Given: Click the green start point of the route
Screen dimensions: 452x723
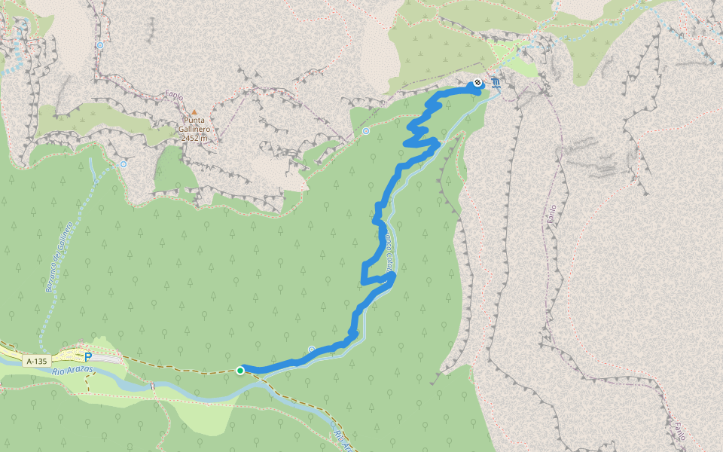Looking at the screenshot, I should pos(240,370).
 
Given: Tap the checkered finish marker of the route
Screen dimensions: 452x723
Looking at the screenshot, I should pos(477,84).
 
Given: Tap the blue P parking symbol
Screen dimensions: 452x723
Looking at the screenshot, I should pos(88,357).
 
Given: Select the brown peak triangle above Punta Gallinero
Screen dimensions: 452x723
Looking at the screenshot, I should pos(194,112).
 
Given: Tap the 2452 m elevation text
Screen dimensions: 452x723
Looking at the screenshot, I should pos(195,138).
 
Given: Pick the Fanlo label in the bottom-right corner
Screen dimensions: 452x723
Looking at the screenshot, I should pos(679,430).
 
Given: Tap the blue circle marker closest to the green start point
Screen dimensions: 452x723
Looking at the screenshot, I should pos(311,349).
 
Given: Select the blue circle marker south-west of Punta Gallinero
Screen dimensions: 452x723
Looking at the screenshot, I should pos(123,163).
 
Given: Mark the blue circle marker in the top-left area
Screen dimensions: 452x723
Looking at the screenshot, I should pos(100,45).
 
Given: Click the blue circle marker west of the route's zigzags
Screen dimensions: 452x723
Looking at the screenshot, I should pos(366,131).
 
